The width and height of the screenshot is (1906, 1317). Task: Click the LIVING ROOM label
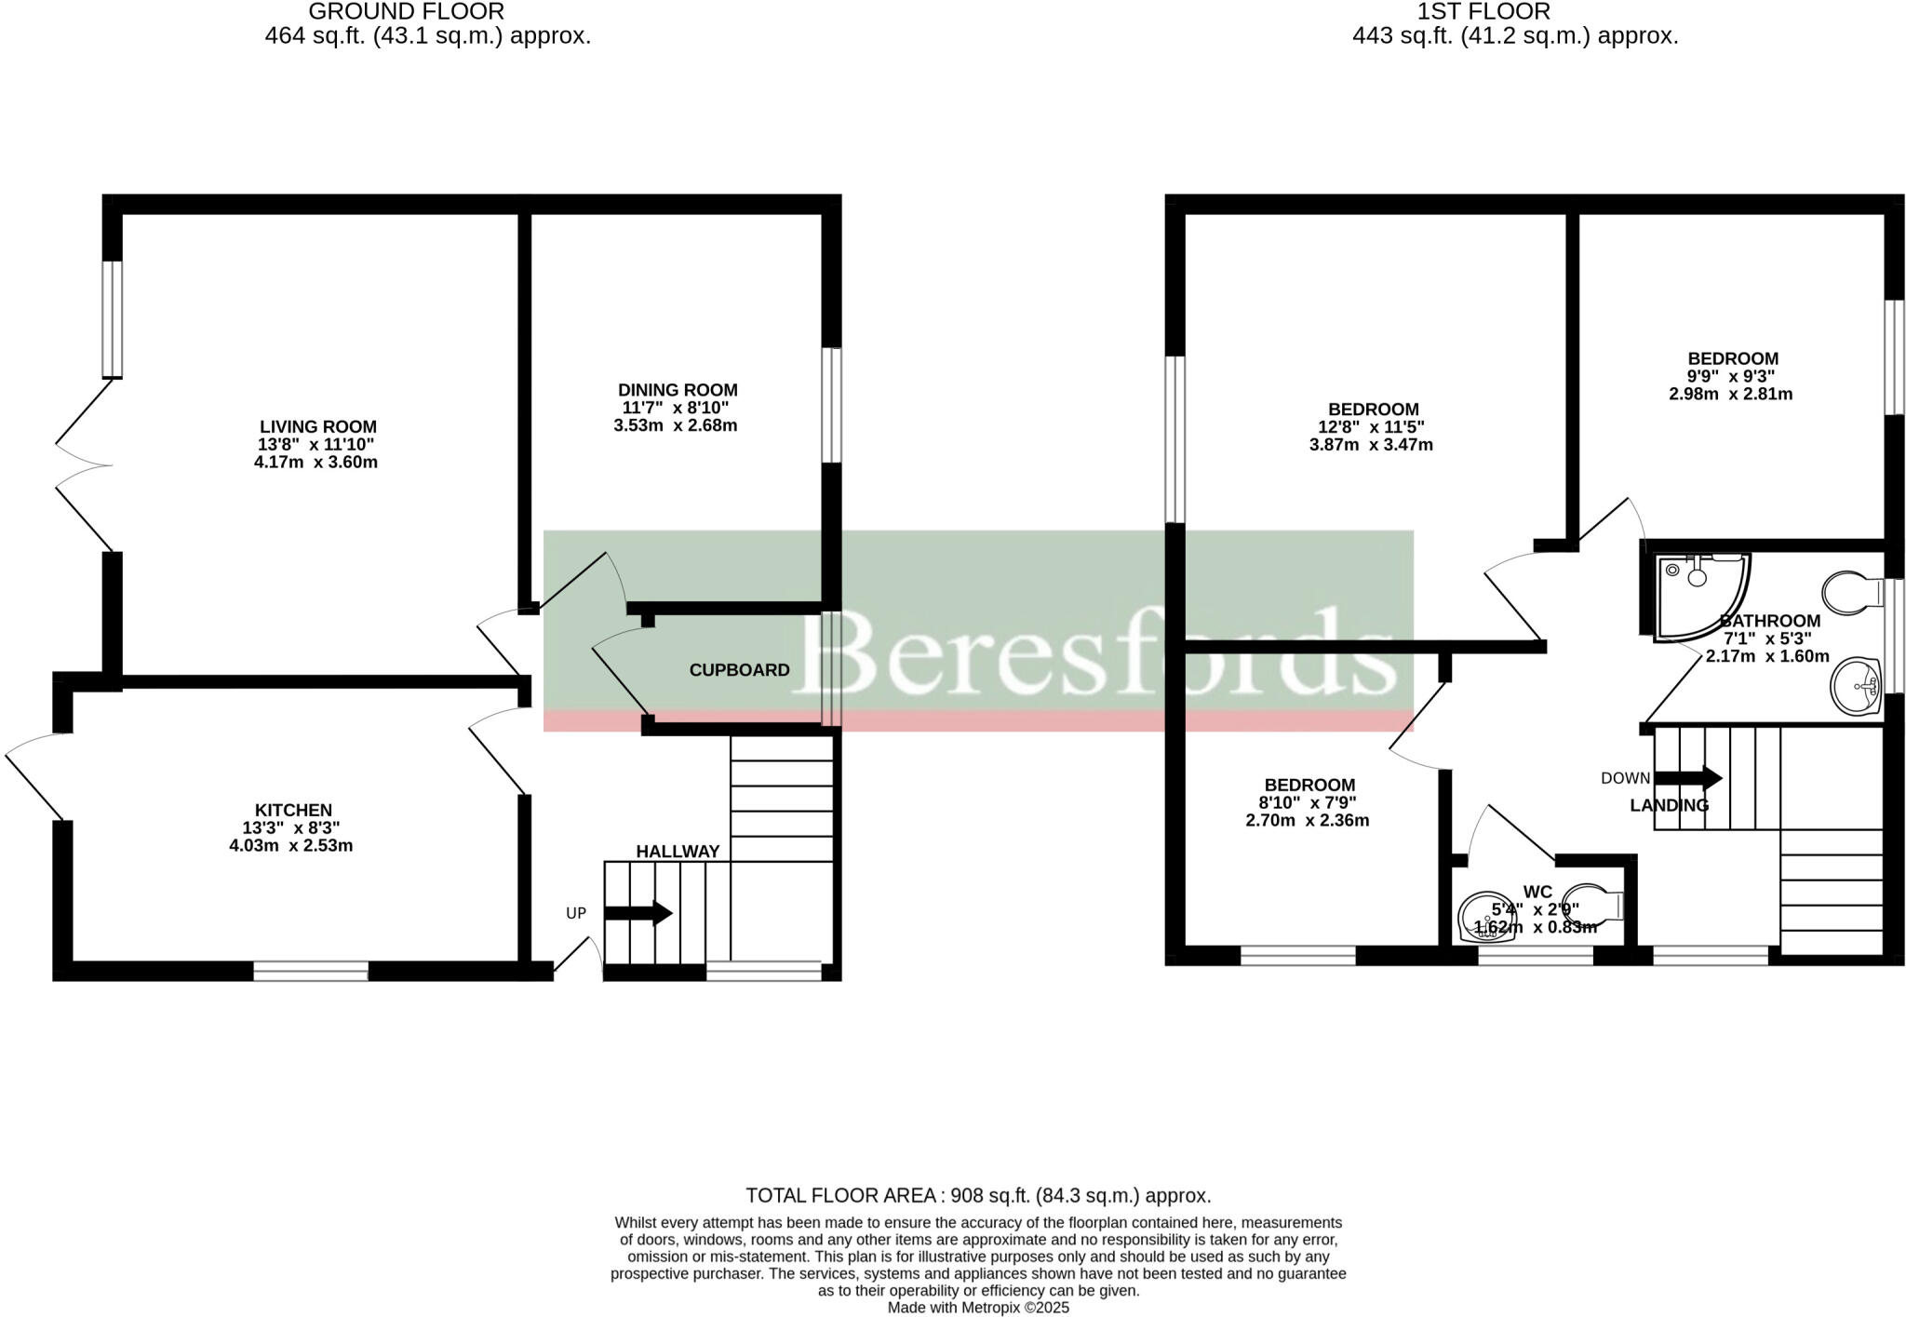(x=315, y=426)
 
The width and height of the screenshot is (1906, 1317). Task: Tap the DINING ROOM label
(x=678, y=390)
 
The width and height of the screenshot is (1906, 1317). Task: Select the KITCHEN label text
(x=293, y=810)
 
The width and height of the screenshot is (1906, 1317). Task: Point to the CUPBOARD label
(x=739, y=670)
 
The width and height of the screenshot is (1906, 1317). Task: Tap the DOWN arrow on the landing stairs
(x=1688, y=778)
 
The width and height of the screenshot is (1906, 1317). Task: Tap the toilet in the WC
(x=1594, y=905)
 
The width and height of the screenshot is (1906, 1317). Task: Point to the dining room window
(x=831, y=405)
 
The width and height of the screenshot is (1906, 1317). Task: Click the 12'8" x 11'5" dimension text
(x=1374, y=427)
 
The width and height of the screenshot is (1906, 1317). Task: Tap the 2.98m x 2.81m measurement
(x=1731, y=394)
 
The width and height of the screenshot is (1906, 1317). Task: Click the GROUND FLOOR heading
(x=406, y=12)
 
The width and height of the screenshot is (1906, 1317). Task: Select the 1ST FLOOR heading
(x=1483, y=12)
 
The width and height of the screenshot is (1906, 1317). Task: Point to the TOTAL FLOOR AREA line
(x=978, y=1196)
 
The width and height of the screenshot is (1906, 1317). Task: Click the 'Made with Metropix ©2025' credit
(x=978, y=1308)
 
